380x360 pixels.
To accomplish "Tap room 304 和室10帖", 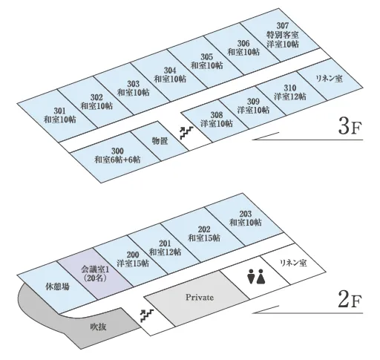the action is [170, 75].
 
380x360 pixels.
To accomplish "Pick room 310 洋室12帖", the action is [290, 92].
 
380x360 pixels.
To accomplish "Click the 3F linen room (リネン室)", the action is [329, 79].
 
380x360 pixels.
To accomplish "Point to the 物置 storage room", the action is [160, 141].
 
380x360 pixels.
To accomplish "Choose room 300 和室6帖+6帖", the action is [117, 155].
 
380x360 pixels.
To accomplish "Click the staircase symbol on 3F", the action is [186, 133].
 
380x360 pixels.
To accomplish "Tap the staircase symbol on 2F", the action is [147, 315].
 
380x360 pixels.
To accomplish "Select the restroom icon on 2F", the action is [256, 276].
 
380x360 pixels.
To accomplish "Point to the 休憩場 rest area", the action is [57, 287].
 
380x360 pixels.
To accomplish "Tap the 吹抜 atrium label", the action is [98, 327].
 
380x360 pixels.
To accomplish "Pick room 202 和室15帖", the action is [204, 234].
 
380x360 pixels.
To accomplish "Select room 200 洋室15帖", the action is [133, 259].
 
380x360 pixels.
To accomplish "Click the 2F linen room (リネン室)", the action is [293, 263].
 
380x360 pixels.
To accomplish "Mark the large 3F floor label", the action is [350, 127].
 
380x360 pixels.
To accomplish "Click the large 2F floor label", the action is [350, 300].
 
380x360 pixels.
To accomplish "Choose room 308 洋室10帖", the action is [217, 120].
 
